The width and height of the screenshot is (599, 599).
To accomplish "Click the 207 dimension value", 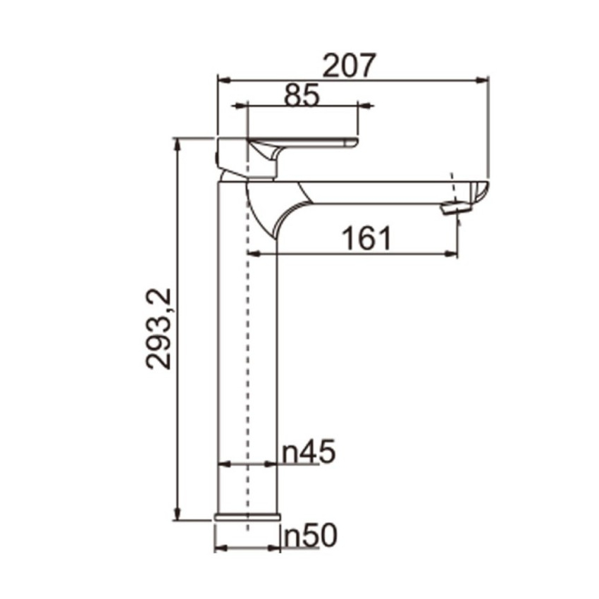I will coord(350,66).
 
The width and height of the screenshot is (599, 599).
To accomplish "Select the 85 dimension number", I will coord(302,94).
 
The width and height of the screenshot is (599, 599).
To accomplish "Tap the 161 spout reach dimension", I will coord(366,239).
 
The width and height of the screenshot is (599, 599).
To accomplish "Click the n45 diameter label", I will coord(309,452).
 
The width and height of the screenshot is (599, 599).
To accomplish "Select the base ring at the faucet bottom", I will coord(247,518).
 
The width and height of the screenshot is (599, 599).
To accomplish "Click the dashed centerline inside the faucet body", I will coord(248,352).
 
